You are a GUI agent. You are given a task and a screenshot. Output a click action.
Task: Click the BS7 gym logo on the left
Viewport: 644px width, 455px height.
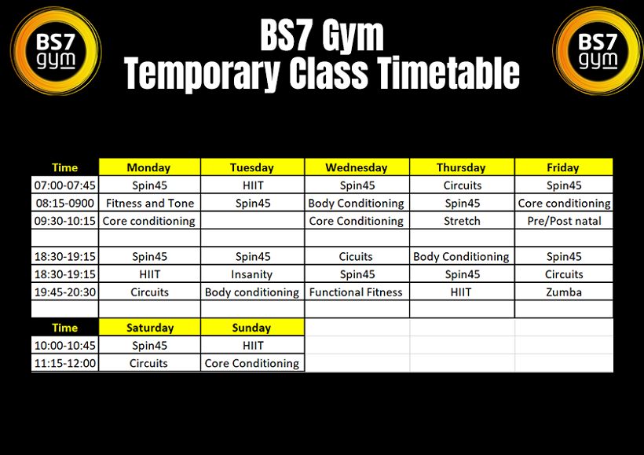click(56, 51)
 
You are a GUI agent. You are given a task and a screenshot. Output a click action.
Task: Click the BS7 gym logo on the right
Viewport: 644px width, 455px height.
click(598, 51)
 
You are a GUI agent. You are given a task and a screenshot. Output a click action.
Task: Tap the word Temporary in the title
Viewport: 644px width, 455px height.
click(202, 73)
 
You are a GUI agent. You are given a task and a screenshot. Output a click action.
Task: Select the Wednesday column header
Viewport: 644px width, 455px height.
click(357, 167)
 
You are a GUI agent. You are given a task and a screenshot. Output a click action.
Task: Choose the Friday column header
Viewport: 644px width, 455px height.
click(564, 167)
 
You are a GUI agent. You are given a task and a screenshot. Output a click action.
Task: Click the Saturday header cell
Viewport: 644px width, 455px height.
click(150, 328)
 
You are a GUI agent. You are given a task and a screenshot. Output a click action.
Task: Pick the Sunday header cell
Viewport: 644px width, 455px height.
click(252, 328)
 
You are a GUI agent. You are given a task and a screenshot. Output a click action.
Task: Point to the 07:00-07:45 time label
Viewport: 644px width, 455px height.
click(65, 185)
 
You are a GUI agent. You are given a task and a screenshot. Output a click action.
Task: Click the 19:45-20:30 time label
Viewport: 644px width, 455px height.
click(65, 292)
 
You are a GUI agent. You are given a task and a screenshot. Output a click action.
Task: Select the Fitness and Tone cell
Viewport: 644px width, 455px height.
click(150, 203)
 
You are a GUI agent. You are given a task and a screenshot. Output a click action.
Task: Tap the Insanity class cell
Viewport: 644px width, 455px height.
click(252, 274)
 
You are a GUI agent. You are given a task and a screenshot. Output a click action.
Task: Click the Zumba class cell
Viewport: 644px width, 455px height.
click(564, 292)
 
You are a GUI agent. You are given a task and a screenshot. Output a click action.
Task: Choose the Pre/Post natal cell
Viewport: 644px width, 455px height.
click(564, 221)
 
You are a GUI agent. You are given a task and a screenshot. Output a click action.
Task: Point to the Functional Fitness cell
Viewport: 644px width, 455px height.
click(356, 292)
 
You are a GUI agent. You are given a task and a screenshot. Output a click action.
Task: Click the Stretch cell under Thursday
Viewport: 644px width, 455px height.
click(462, 221)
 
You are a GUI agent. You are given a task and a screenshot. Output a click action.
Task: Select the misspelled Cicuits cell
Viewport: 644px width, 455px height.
click(356, 256)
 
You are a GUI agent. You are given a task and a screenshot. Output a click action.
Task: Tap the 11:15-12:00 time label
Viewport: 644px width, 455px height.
click(65, 363)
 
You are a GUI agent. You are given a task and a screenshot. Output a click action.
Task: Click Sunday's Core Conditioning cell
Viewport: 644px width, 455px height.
click(252, 363)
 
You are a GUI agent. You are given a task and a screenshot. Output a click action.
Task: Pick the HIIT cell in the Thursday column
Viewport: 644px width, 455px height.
click(461, 292)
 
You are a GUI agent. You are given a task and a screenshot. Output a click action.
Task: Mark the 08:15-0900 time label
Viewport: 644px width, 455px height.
click(65, 203)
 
